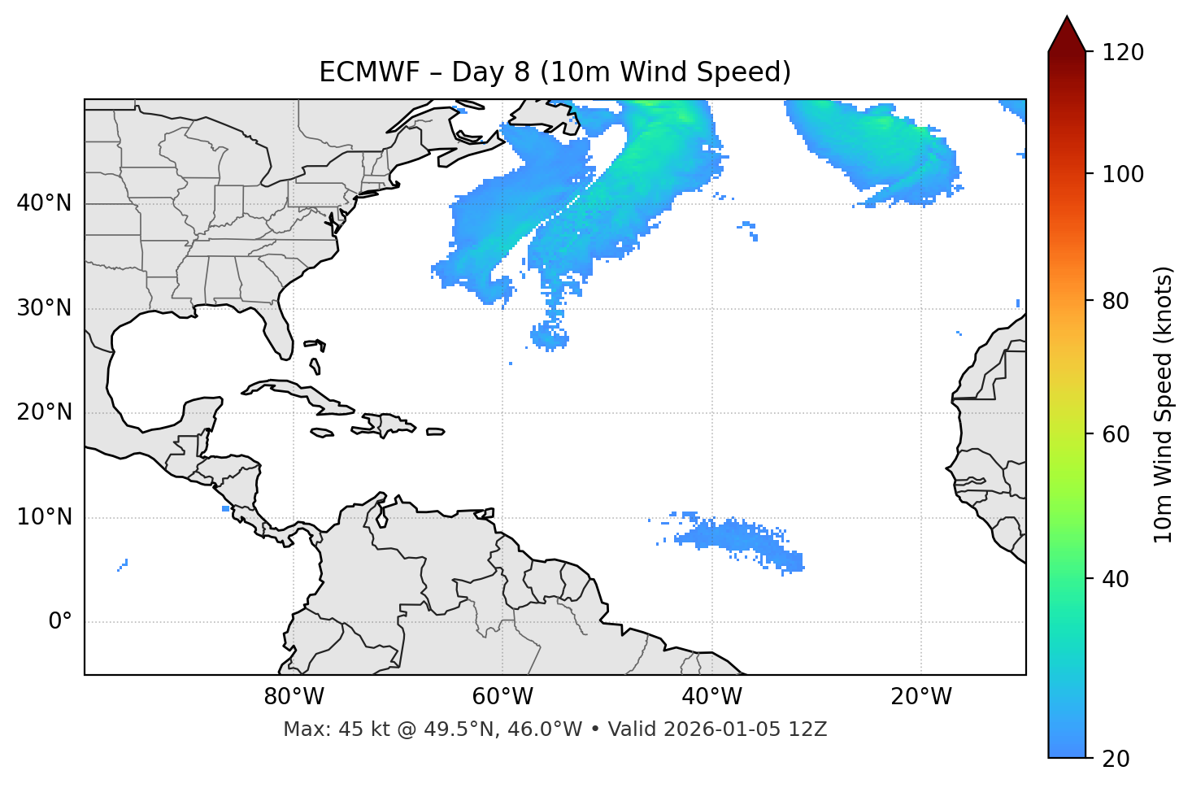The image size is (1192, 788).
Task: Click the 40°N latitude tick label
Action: [44, 203]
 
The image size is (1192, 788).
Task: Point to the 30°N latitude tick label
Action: [44, 308]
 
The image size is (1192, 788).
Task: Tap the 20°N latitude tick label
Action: [44, 412]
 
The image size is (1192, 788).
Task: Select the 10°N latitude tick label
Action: [44, 517]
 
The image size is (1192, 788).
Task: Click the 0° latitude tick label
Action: [59, 622]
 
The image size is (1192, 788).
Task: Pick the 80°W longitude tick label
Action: [294, 697]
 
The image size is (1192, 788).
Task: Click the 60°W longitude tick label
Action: [502, 697]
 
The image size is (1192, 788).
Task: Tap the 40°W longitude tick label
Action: [711, 697]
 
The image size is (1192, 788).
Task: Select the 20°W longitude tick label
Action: [921, 697]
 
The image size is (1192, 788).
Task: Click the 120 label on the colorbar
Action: [1123, 53]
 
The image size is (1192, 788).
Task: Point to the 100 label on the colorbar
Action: [1123, 175]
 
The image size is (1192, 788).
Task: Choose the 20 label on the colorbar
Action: [1117, 759]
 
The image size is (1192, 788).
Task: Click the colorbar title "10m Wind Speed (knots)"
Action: [1164, 405]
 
